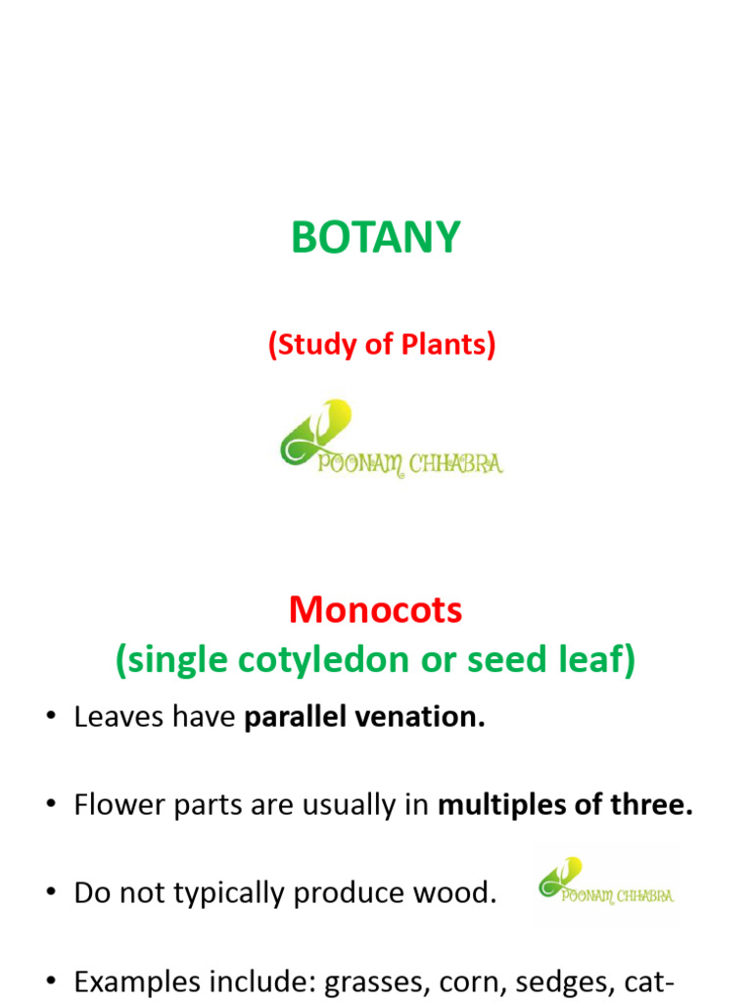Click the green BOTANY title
click(376, 238)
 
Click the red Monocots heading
click(376, 611)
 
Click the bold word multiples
click(494, 806)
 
